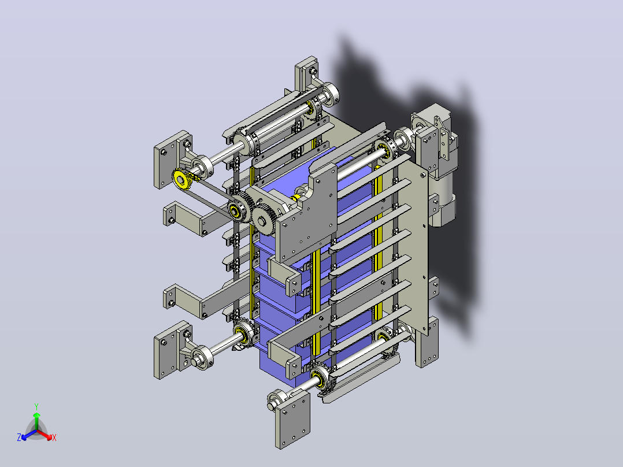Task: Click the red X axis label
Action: coord(54,438)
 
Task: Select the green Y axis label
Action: coord(36,406)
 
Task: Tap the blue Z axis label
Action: coord(19,437)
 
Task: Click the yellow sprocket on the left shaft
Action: coord(181,180)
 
